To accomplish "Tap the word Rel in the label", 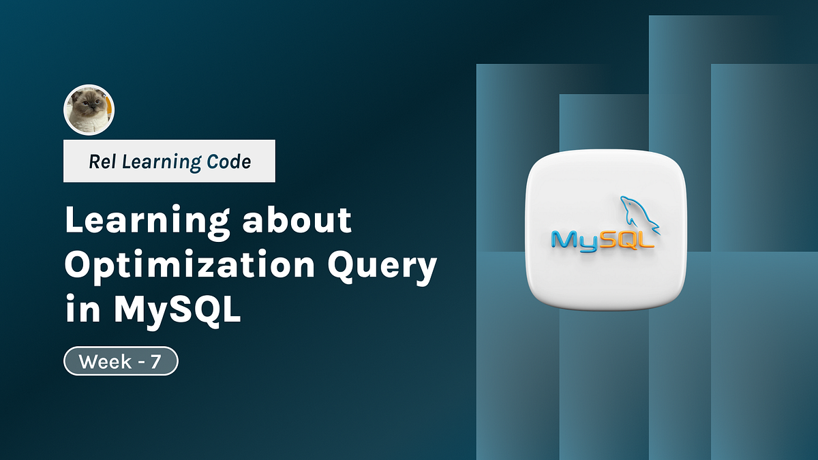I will tap(100, 162).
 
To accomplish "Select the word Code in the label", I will tap(229, 162).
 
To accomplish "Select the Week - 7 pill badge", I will tap(121, 362).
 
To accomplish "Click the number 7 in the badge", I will tap(155, 362).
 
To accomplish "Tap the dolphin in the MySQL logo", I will tap(637, 215).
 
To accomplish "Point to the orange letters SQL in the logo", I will tap(624, 239).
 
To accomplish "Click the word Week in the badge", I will tap(105, 362).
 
